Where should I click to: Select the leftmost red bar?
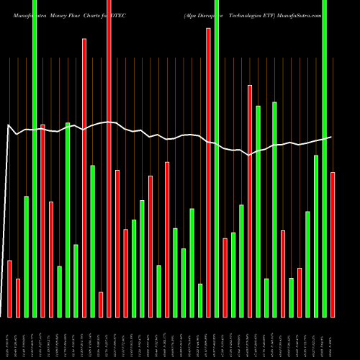point(10,288)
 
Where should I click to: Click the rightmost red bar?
point(333,245)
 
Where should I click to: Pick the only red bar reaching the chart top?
point(109,158)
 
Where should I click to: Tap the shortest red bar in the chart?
point(101,305)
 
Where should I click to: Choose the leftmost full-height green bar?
point(35,158)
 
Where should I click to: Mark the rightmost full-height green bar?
point(324,158)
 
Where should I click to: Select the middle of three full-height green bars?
point(217,158)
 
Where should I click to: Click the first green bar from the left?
point(27,256)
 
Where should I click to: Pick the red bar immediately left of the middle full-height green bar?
point(209,173)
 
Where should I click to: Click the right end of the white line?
point(331,137)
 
